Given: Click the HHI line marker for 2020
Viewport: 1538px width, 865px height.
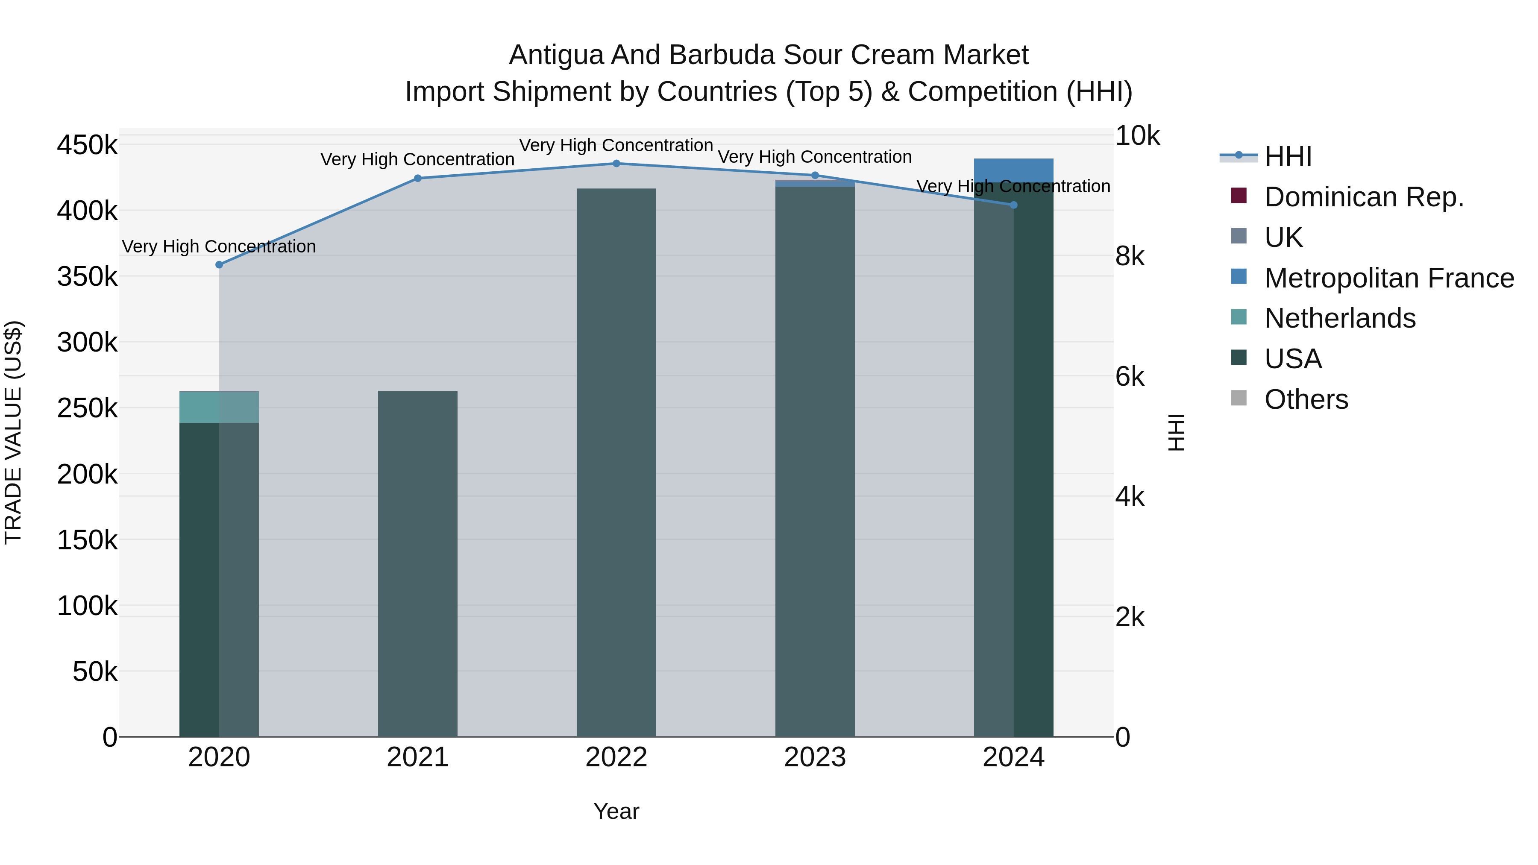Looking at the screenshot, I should coord(219,264).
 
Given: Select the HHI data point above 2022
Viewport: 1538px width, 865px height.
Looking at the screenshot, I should coord(616,164).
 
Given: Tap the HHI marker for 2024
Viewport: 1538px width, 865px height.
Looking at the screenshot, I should coord(1013,205).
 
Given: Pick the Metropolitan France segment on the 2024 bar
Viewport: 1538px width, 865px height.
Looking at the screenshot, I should coord(1013,170).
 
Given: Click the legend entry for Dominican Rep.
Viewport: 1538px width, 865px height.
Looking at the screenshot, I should coord(1364,197).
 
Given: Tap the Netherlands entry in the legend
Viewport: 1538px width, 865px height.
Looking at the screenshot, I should coord(1339,318).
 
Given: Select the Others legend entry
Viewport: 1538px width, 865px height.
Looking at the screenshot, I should coord(1306,399).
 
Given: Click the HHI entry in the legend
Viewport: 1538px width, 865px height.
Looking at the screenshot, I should coord(1287,156).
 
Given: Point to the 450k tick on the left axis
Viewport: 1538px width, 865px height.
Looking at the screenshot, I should coord(87,145).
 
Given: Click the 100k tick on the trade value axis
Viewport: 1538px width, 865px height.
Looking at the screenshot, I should coord(87,606).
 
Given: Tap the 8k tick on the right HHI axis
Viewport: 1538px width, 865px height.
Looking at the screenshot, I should coord(1130,256).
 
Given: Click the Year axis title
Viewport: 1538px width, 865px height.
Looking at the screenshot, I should coord(616,811).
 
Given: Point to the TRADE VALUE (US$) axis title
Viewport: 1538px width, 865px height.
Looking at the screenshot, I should coord(14,432).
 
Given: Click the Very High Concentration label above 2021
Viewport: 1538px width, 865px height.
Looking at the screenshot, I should coord(417,159).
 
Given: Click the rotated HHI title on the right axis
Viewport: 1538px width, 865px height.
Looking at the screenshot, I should coord(1176,432).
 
